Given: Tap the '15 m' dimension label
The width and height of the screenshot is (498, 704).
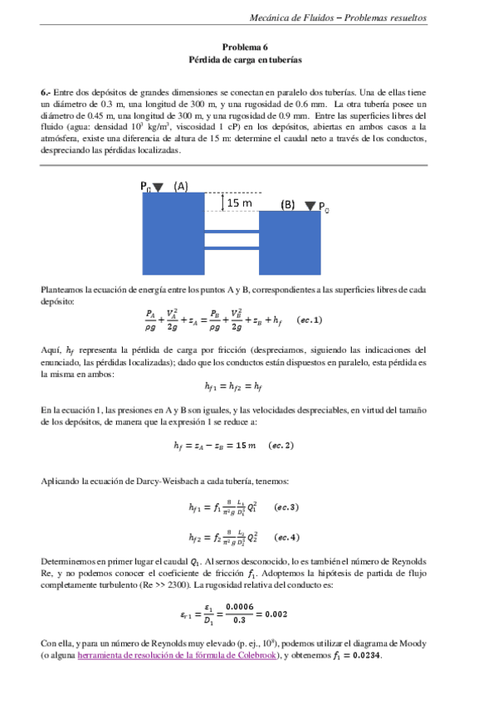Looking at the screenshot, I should click(x=241, y=202).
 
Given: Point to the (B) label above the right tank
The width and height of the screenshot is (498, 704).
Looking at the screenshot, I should click(x=287, y=203).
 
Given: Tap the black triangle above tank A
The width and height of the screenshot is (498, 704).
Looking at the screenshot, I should click(x=159, y=188).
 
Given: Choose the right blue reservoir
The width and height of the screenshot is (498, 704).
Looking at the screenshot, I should click(x=290, y=245).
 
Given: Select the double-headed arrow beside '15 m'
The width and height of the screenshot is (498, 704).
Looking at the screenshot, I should click(x=222, y=202).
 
